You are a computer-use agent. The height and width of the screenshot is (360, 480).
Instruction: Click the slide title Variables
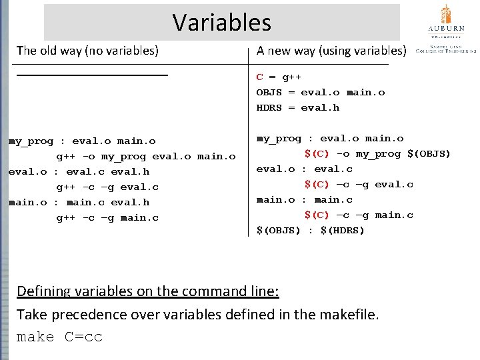click(x=222, y=23)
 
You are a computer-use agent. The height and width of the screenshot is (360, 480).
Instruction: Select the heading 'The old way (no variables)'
click(x=87, y=51)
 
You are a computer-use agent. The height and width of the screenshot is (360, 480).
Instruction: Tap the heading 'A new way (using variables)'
click(x=331, y=51)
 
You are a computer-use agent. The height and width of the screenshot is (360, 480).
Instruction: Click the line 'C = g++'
click(x=279, y=77)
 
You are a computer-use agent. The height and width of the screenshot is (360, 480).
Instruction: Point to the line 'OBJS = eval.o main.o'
click(x=321, y=93)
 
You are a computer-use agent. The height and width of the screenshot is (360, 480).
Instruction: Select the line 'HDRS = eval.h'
click(x=298, y=108)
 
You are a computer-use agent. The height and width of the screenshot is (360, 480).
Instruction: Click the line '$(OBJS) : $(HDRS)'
click(x=311, y=231)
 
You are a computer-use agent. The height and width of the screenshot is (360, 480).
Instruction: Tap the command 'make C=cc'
click(x=59, y=337)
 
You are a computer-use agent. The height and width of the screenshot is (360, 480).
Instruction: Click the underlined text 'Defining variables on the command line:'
click(x=148, y=291)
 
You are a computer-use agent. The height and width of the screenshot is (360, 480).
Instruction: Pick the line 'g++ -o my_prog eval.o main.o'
click(x=145, y=157)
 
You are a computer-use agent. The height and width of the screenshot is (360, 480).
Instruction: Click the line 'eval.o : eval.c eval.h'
click(x=79, y=172)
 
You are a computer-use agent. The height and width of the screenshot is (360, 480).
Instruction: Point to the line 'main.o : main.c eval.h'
click(x=79, y=203)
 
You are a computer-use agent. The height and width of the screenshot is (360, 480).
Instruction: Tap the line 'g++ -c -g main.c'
click(x=107, y=218)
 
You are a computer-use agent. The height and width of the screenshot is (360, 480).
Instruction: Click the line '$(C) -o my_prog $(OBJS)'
click(x=377, y=154)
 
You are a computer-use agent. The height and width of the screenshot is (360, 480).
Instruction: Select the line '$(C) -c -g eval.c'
click(x=359, y=185)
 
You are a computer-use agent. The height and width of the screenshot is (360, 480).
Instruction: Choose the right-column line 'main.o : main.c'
click(x=305, y=200)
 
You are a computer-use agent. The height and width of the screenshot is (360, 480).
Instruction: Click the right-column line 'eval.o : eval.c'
click(x=305, y=169)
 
